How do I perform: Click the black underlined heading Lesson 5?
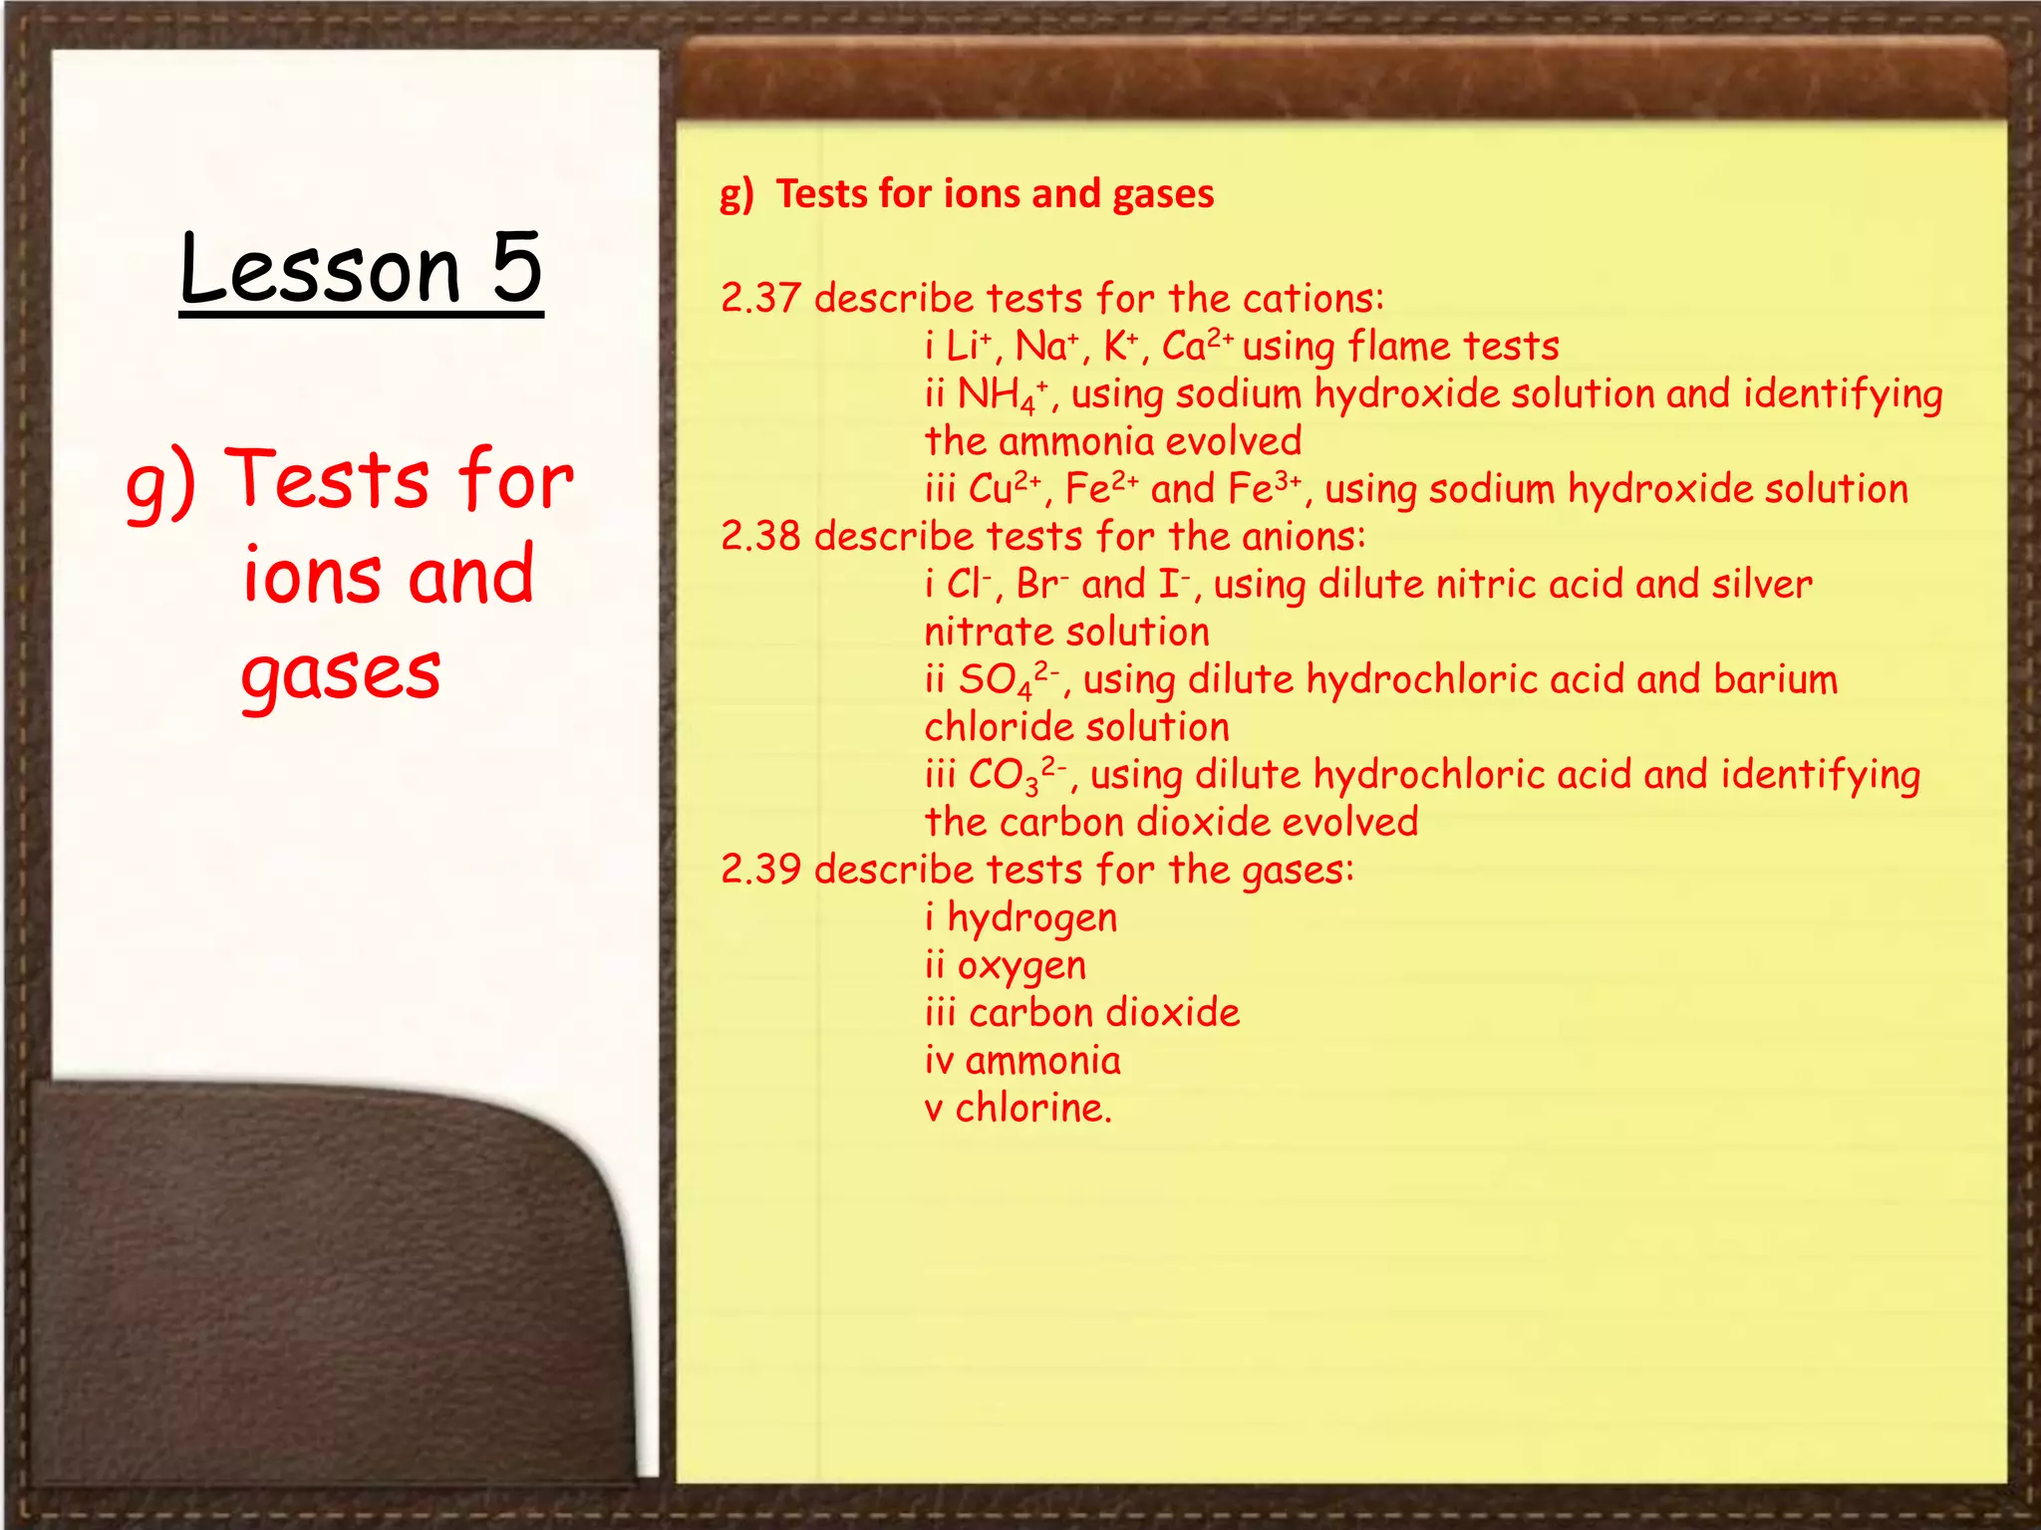click(361, 269)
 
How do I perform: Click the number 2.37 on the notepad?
click(760, 299)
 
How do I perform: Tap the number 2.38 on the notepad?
click(760, 537)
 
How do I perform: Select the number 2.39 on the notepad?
click(760, 870)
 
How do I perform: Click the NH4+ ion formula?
click(1003, 395)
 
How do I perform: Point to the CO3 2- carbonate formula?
click(1018, 776)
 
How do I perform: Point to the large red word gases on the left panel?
click(341, 673)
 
